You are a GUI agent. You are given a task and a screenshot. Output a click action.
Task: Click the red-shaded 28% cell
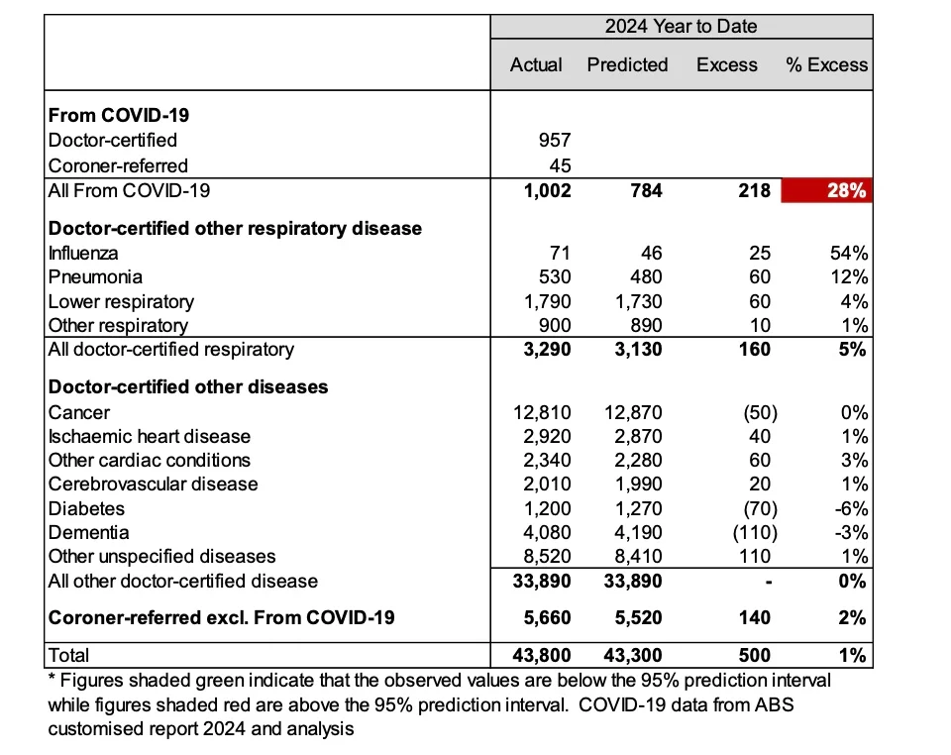[x=826, y=190]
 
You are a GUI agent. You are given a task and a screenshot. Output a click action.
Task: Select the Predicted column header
[x=627, y=65]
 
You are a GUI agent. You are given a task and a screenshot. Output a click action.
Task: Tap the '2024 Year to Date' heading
[x=682, y=27]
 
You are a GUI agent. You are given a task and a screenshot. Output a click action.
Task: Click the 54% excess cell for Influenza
[x=850, y=253]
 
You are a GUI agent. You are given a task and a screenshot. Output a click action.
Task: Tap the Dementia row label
[x=88, y=532]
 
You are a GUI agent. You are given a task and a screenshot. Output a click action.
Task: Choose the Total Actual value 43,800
[x=541, y=655]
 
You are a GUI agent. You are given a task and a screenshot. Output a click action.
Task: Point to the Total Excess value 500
[x=755, y=655]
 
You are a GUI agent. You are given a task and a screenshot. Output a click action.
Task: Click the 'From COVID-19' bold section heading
[x=119, y=115]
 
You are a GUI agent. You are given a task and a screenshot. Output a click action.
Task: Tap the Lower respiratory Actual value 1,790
[x=548, y=301]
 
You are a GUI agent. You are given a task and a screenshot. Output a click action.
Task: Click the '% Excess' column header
[x=826, y=65]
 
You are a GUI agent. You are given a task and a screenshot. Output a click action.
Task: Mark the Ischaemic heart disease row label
[x=150, y=436]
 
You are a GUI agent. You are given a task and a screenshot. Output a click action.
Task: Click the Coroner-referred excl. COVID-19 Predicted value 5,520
[x=633, y=617]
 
